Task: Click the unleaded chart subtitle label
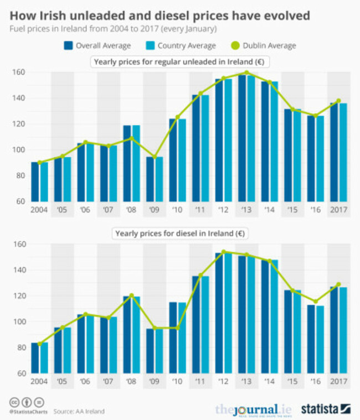click(x=180, y=62)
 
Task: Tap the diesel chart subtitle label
click(x=180, y=233)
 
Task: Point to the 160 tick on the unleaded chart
click(x=19, y=72)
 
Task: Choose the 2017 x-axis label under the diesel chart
click(x=338, y=382)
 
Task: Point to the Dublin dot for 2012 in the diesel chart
click(x=223, y=252)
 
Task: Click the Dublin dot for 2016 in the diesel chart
click(x=316, y=302)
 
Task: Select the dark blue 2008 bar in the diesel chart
click(x=127, y=335)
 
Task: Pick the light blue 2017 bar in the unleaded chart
click(x=343, y=152)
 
